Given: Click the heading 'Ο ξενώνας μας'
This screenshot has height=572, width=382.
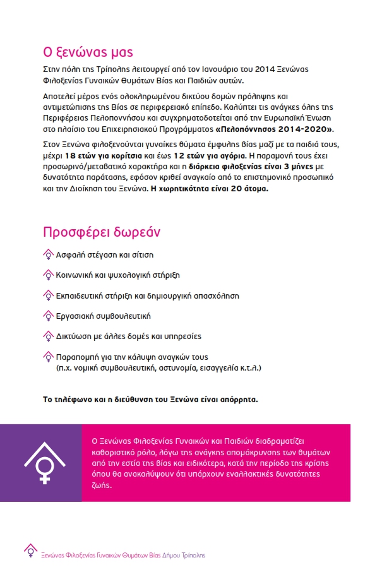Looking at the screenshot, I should click(x=88, y=52).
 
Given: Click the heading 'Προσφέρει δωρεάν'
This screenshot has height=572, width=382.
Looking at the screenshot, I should click(x=102, y=232).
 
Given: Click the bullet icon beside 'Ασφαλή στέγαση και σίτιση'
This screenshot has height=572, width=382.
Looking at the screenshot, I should click(x=47, y=255).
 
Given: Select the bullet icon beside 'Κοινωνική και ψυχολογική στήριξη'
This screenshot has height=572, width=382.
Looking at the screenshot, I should click(x=47, y=275).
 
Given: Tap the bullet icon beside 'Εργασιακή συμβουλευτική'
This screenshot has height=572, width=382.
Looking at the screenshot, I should click(x=47, y=316).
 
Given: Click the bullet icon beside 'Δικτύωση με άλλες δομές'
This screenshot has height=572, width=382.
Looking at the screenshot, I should click(x=47, y=337).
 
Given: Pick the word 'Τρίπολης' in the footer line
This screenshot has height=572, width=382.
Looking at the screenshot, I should click(x=191, y=555).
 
